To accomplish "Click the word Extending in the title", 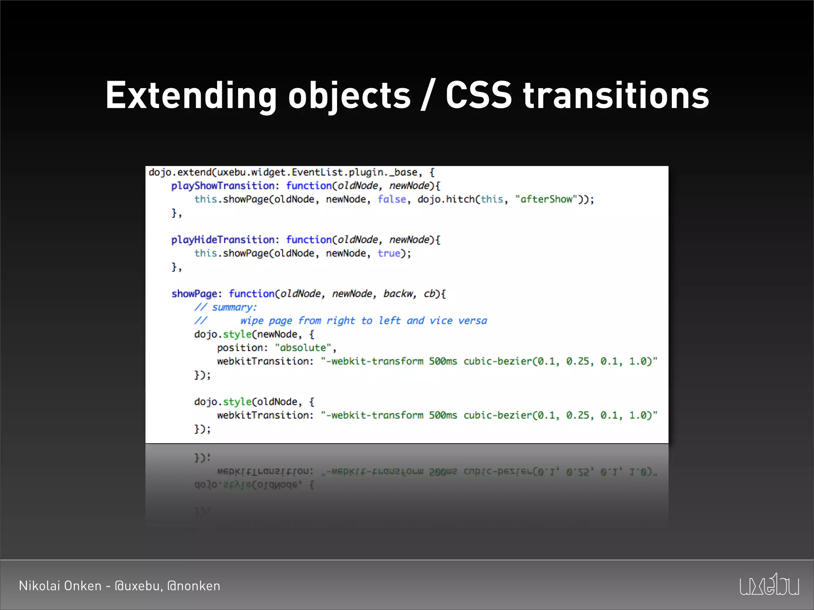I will coord(191,95).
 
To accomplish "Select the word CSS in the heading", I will coord(479,95).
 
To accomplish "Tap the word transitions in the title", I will coord(616,95).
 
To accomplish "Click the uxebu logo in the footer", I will coord(769,585).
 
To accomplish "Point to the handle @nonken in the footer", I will coord(194,586).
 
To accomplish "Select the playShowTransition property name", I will coord(223,186).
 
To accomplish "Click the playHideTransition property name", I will coord(223,240).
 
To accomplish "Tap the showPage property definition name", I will coord(194,294).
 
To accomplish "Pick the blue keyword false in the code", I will coord(391,199).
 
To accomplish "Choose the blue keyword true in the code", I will coord(389,253).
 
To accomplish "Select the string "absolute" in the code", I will coord(303,348).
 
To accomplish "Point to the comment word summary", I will coord(234,307).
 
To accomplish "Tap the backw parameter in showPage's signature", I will coord(398,294).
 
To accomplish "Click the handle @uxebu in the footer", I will coord(138,586).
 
